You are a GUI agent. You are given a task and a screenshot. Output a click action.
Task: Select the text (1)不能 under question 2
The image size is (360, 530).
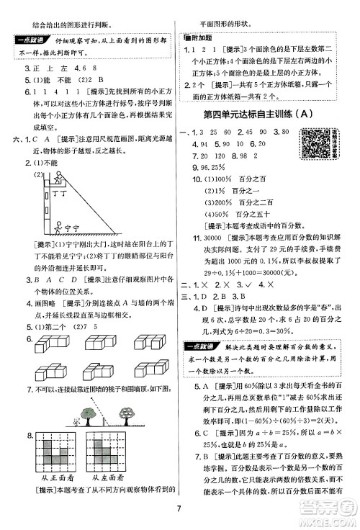pyautogui.click(x=41, y=163)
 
